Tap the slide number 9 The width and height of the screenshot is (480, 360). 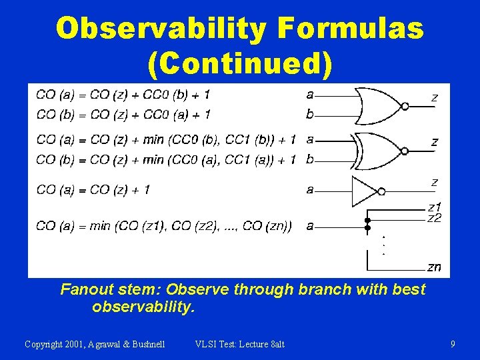click(x=453, y=344)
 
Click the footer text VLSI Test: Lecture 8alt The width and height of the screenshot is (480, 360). click(x=239, y=344)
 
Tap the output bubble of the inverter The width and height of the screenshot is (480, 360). click(x=381, y=191)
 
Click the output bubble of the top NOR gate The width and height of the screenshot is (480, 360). click(x=404, y=106)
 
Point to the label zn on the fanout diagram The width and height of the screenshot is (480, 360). click(x=434, y=267)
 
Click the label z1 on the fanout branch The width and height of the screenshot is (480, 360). click(x=434, y=207)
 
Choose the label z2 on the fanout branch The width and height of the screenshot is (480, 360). click(x=434, y=218)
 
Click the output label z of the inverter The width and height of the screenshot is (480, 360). click(x=435, y=182)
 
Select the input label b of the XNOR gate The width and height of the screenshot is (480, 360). click(x=309, y=159)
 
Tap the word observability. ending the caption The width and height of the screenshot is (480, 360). click(x=143, y=307)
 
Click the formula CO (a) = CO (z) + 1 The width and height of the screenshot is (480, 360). click(x=93, y=190)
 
